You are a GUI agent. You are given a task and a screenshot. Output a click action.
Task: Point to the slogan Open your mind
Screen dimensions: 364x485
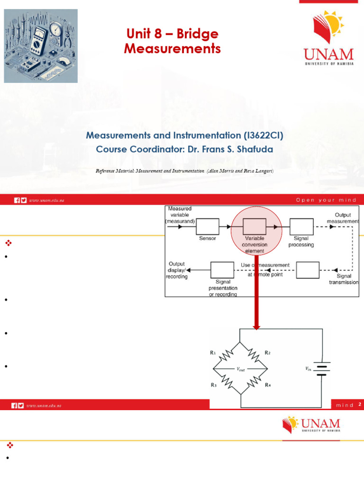[326, 200]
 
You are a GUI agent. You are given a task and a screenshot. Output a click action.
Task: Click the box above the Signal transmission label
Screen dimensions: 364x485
[308, 271]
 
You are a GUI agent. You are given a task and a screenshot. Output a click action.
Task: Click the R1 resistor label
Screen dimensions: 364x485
[213, 353]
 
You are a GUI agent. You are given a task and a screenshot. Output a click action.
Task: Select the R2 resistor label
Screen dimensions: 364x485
[268, 353]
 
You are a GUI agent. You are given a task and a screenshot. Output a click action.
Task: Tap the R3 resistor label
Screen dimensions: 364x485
[213, 385]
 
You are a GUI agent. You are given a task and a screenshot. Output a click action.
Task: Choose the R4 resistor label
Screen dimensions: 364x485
[268, 385]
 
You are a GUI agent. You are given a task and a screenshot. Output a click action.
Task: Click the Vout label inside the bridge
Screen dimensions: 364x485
[241, 369]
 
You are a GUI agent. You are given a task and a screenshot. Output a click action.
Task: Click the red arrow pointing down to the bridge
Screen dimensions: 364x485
[256, 298]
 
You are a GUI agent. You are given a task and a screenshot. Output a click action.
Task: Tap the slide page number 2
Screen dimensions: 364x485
[360, 404]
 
